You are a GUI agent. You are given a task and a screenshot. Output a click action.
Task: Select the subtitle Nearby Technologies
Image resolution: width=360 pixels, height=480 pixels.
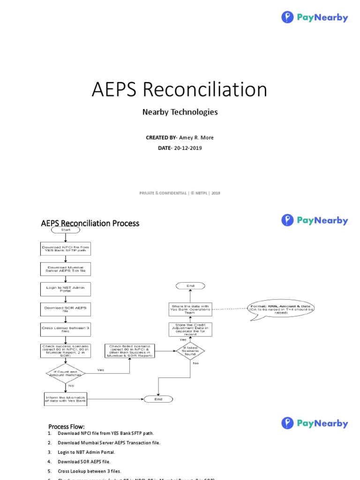point(180,112)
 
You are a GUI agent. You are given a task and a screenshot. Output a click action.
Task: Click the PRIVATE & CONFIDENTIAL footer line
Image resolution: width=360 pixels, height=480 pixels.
point(180,193)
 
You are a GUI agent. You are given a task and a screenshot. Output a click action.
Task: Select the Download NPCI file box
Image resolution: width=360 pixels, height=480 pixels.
point(65,249)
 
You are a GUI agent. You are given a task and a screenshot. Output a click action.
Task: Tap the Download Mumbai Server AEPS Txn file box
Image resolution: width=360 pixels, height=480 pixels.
point(65,269)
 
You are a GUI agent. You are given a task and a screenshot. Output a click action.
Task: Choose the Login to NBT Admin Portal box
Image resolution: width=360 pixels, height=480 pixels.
point(65,289)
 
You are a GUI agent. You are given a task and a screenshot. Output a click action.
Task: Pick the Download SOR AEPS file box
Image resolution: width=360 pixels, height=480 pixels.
point(65,309)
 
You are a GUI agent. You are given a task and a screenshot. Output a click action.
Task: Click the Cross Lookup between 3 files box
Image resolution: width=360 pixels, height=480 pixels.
point(65,330)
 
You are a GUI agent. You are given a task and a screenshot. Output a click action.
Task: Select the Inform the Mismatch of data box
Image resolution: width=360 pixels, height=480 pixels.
point(65,399)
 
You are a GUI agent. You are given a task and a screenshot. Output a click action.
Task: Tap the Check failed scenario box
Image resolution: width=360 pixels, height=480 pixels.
point(129,351)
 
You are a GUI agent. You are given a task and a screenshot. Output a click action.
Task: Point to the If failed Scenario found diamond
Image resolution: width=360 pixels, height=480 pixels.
point(190,351)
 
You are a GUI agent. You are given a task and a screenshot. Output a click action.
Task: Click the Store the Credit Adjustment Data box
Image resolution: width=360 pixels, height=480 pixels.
point(190,329)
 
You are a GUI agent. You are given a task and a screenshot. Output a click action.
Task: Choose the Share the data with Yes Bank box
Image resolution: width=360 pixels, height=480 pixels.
point(190,308)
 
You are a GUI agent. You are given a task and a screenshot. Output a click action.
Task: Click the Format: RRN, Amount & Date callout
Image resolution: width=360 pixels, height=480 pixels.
point(281,309)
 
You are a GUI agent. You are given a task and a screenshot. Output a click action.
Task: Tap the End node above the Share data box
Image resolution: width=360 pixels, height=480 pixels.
point(190,285)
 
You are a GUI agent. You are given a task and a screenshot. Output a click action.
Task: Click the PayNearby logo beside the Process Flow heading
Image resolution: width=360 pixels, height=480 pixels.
point(315,424)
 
